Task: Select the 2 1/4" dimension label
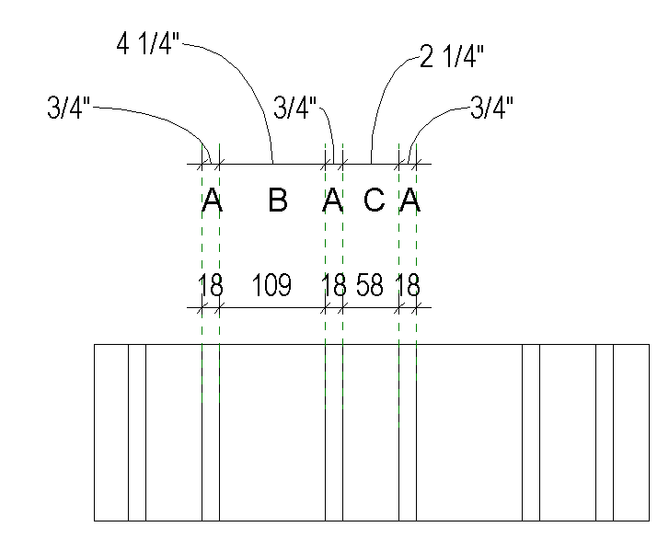point(452,57)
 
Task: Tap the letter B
point(277,201)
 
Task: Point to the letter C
point(373,201)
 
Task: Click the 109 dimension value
point(271,286)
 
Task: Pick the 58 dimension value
point(370,286)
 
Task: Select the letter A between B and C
point(333,201)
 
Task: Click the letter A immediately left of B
point(212,201)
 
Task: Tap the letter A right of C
point(409,201)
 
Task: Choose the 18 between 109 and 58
point(333,286)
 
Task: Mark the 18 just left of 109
point(211,286)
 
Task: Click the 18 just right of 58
point(408,286)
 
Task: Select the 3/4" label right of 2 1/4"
point(491,108)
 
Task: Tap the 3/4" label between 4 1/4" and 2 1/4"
point(295,108)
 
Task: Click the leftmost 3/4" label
point(68,108)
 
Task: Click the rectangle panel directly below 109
point(272,432)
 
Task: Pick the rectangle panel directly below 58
point(371,432)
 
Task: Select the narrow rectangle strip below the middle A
point(334,432)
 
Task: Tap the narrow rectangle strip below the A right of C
point(408,432)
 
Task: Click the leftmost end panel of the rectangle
point(111,432)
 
